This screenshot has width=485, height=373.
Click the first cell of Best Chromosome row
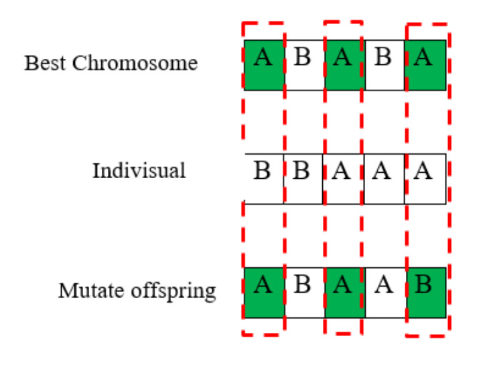(264, 65)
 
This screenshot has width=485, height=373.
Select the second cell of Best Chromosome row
(304, 65)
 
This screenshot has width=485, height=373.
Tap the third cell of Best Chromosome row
(344, 65)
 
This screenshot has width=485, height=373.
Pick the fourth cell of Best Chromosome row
(385, 65)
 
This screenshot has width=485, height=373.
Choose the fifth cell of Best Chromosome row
(425, 65)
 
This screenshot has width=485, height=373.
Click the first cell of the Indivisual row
(264, 178)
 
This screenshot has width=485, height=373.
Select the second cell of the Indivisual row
(303, 178)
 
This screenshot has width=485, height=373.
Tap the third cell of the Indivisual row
(344, 178)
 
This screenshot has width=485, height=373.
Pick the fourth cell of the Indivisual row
(384, 178)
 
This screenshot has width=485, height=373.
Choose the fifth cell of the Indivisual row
(425, 178)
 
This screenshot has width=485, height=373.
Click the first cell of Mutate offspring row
(264, 292)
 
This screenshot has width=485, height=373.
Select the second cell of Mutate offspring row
(304, 292)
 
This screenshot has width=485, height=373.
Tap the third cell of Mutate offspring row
(344, 292)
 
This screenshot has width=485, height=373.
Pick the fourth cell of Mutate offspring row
(385, 292)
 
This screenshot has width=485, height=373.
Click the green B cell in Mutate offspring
(425, 292)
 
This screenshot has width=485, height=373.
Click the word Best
(46, 63)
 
